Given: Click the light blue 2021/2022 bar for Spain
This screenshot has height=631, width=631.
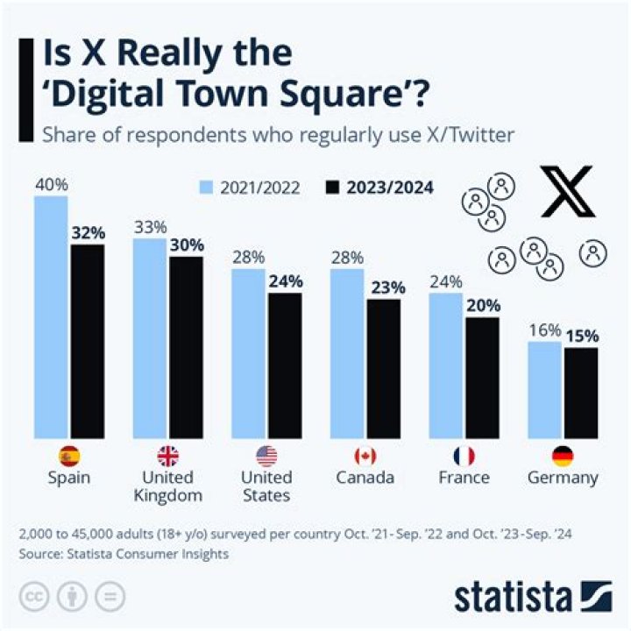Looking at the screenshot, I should [51, 316].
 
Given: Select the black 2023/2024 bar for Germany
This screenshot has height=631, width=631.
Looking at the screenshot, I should [580, 393].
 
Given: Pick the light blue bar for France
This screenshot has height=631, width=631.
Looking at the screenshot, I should [446, 365].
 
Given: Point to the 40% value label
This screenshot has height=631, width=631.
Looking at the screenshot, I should [51, 185].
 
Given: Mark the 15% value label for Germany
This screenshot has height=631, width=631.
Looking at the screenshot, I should [581, 337].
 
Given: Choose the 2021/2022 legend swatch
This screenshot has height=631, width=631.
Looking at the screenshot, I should [207, 188].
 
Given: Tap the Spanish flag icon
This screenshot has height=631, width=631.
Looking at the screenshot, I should [69, 456].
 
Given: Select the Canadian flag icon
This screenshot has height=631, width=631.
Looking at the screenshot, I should [364, 456].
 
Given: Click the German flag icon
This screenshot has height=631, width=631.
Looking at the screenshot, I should [563, 456].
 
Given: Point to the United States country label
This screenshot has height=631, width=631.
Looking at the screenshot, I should [266, 486].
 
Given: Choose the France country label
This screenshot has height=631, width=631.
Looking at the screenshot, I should [464, 478].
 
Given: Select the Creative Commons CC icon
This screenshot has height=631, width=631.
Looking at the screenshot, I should [33, 596].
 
